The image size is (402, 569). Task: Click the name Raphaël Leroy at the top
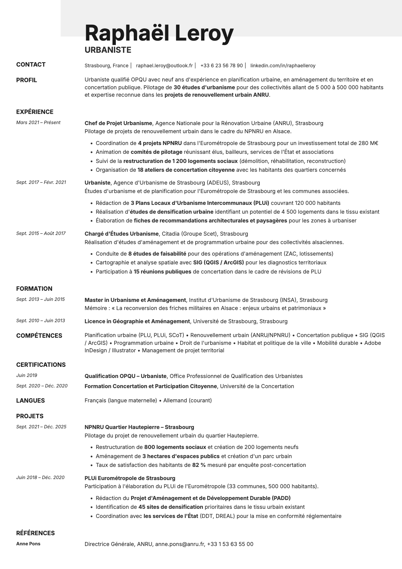(159, 33)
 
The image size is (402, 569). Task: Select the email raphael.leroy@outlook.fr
(164, 66)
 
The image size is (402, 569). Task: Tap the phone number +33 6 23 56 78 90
(221, 66)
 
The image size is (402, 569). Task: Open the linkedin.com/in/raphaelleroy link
(283, 66)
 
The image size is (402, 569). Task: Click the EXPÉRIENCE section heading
(35, 112)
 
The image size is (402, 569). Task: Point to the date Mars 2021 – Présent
(38, 123)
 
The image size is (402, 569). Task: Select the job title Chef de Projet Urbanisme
(118, 123)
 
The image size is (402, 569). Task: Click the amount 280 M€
(368, 143)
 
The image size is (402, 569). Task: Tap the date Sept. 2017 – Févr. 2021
(41, 183)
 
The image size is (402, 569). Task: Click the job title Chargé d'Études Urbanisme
(121, 234)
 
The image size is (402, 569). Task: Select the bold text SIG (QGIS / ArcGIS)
(218, 262)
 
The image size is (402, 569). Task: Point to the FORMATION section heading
(34, 289)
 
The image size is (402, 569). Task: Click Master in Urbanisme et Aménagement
(135, 300)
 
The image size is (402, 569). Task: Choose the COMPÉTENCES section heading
(39, 336)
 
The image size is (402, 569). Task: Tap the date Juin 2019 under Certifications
(27, 375)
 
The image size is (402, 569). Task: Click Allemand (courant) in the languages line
(187, 400)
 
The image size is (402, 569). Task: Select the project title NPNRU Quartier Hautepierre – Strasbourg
(139, 427)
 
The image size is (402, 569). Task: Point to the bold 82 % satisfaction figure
(199, 465)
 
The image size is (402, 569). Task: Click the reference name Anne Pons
(28, 544)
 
